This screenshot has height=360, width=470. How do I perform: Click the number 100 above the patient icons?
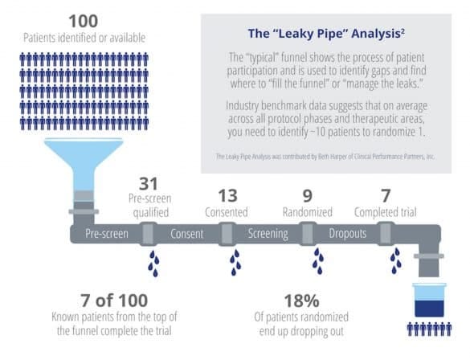tap(84, 21)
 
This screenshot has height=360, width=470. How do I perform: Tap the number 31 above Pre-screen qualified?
tap(149, 184)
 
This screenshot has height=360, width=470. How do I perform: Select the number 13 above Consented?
tap(228, 196)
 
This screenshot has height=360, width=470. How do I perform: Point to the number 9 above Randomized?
tap(308, 196)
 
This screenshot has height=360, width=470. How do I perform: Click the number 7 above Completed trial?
tap(386, 196)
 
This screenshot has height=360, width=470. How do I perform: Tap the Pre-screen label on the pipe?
tap(107, 234)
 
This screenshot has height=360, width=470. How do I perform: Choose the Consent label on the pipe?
tap(186, 234)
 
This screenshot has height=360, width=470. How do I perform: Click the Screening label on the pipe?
tap(268, 234)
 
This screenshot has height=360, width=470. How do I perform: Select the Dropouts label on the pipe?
tap(348, 233)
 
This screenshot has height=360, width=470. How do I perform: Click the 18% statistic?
tap(301, 301)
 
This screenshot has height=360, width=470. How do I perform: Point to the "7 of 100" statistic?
tap(114, 301)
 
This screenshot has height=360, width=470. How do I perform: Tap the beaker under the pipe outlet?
tap(429, 300)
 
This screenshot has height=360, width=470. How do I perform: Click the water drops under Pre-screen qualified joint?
tap(153, 264)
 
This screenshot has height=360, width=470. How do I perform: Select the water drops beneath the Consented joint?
tap(235, 263)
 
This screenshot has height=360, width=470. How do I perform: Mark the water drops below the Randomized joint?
tap(317, 261)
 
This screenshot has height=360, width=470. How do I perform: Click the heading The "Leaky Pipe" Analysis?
tap(326, 33)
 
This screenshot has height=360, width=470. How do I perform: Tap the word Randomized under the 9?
tap(308, 212)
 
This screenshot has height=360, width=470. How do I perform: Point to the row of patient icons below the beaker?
tap(429, 329)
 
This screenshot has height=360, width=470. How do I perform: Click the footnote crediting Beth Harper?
tap(325, 157)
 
